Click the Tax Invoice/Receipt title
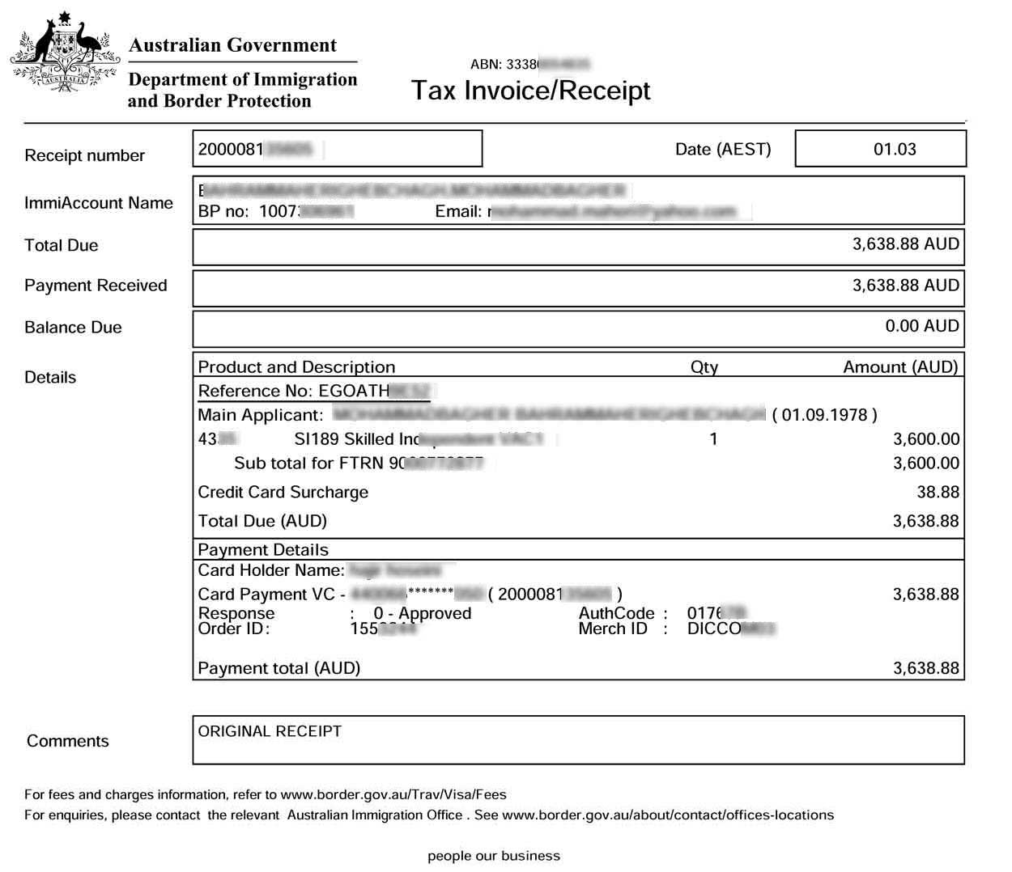[x=530, y=91]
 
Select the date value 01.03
[x=895, y=150]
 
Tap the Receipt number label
[x=84, y=155]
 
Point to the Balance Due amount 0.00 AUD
[x=921, y=326]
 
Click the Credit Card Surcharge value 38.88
[x=938, y=492]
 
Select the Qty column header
[x=704, y=367]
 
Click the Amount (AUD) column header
[x=900, y=367]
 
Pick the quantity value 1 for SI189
[x=713, y=439]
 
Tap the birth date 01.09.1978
[x=824, y=415]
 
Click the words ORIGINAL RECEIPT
[x=270, y=731]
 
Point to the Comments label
[x=67, y=741]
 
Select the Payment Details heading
[x=263, y=550]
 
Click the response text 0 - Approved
[x=422, y=613]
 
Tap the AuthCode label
[x=616, y=613]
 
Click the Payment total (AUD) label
[x=279, y=668]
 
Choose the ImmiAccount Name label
[x=98, y=203]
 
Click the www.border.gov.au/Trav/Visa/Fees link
[x=393, y=794]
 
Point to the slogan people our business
[x=493, y=856]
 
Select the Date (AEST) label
[x=723, y=150]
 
